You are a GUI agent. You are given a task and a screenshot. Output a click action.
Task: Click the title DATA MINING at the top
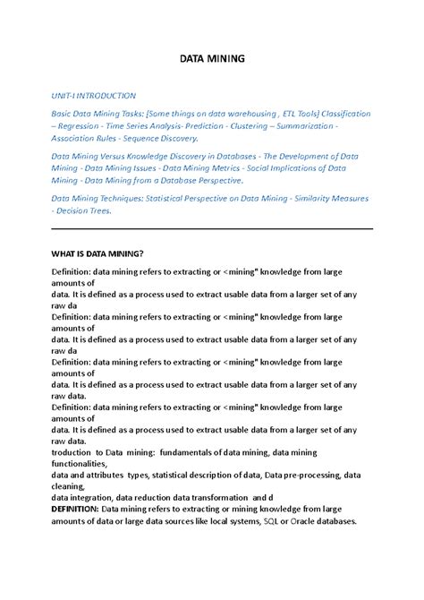tap(212, 59)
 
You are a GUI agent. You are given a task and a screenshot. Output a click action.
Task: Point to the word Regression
tap(81, 126)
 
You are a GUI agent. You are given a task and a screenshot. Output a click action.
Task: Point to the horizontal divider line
tap(212, 228)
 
